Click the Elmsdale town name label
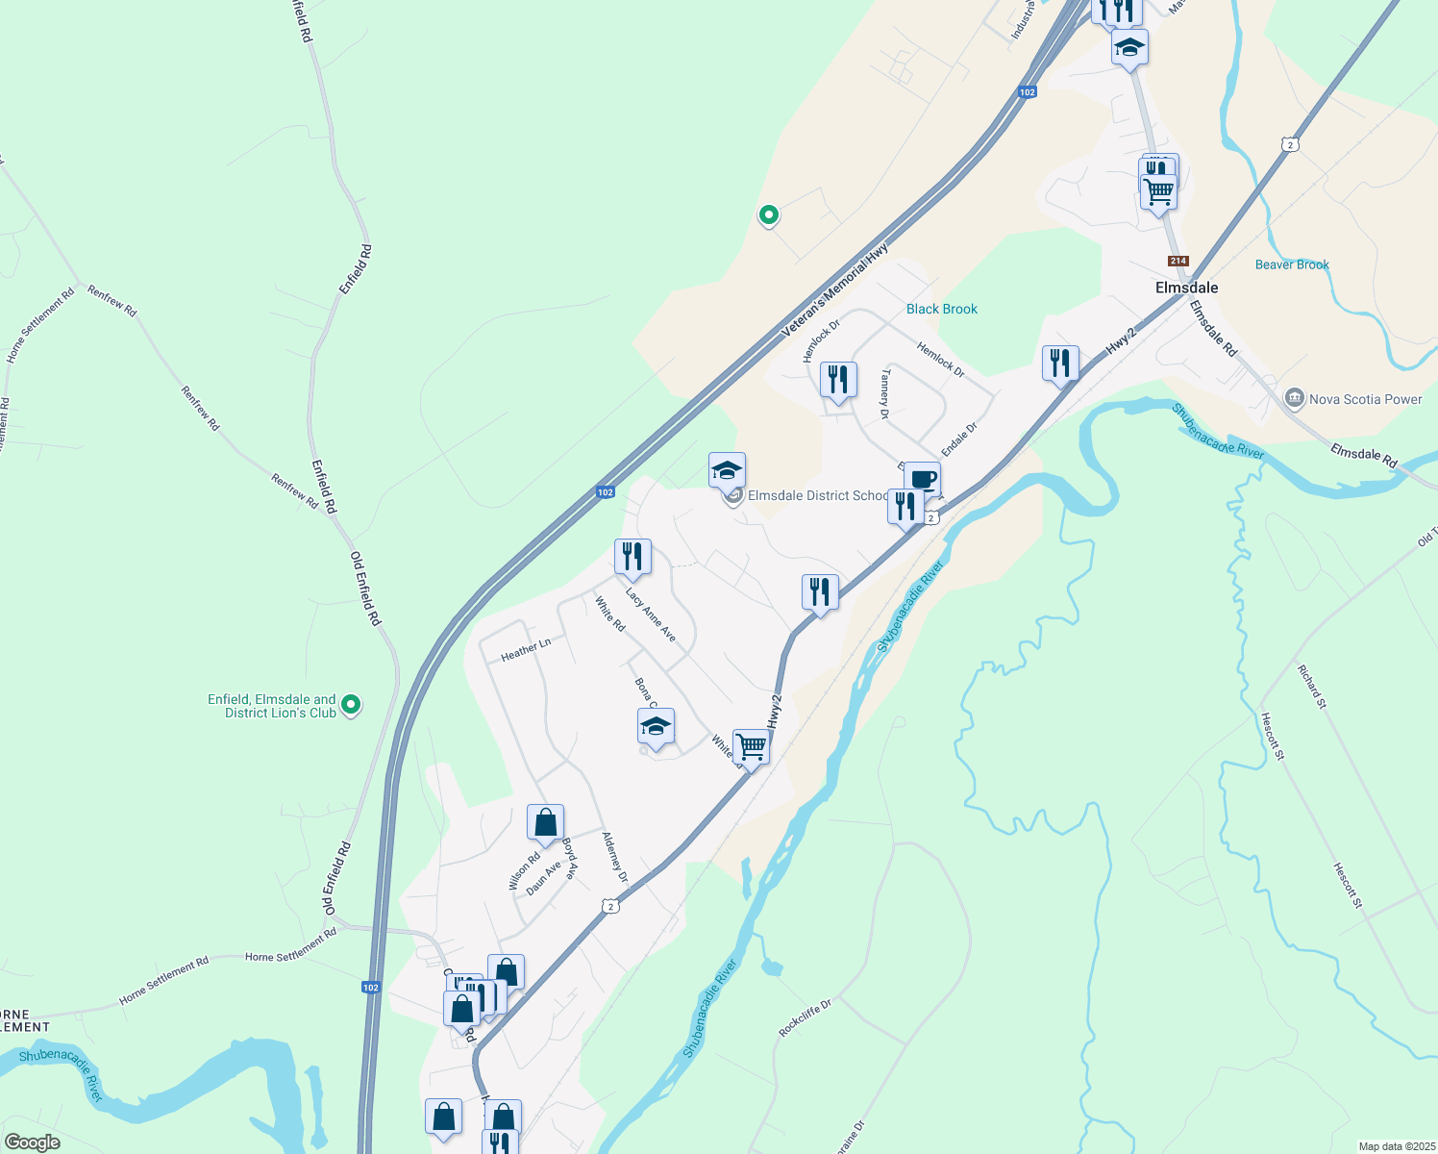pos(1186,288)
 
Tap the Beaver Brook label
pos(1292,264)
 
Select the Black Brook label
pos(941,309)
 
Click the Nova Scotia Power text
pos(1365,399)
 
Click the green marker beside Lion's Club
pos(351,705)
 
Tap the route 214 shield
pos(1178,261)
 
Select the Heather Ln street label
pos(526,650)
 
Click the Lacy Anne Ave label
pos(651,615)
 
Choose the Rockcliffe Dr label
pos(805,1018)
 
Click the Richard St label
pos(1311,687)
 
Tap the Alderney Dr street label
pos(614,857)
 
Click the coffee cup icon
pos(922,479)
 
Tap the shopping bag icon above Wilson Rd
pos(545,823)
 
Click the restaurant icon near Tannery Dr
pos(838,379)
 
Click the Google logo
pos(32,1142)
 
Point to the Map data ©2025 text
pos(1395,1146)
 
